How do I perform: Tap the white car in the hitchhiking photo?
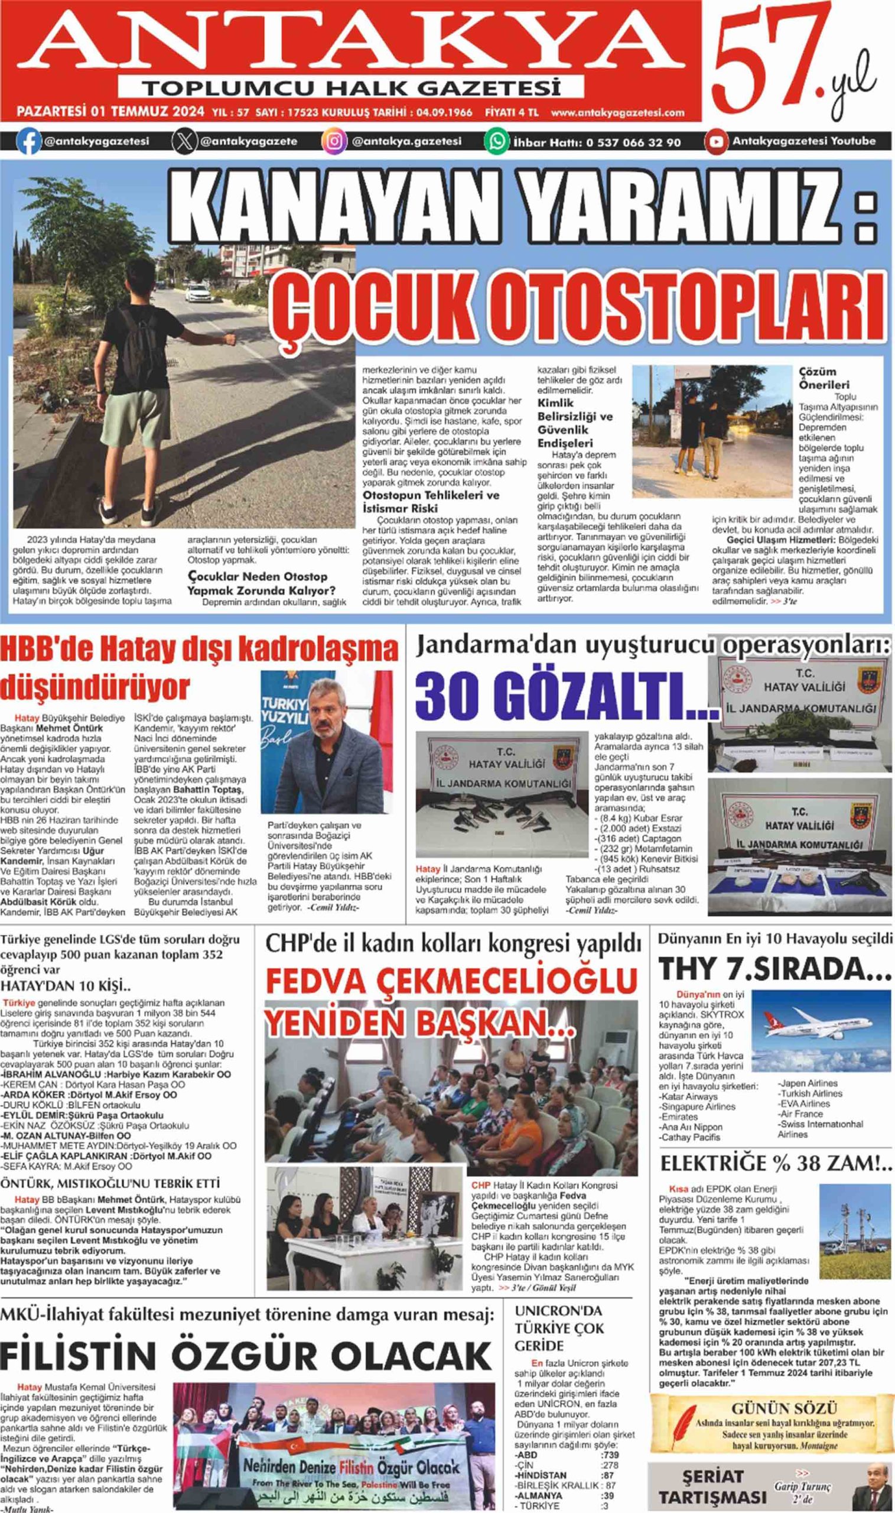click(x=198, y=294)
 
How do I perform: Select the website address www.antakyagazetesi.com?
click(x=617, y=112)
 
